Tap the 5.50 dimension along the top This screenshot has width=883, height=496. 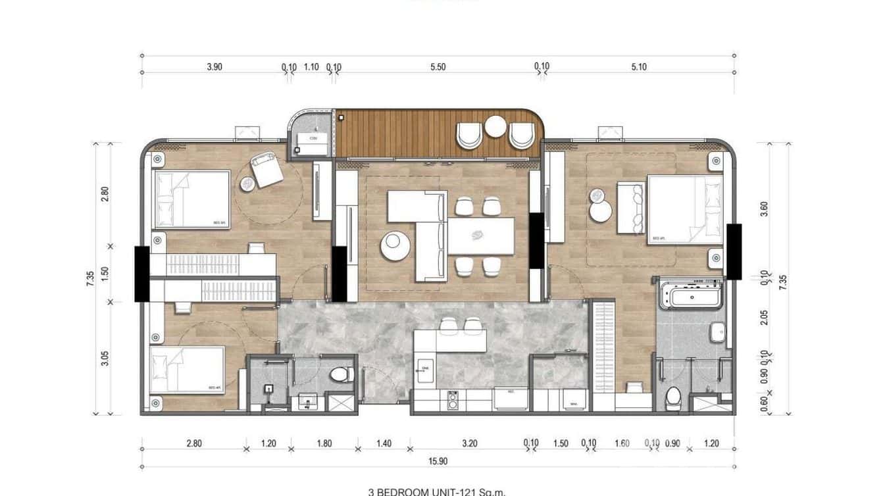[438, 66]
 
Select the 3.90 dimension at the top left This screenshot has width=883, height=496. [215, 66]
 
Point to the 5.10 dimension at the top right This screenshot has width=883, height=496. [638, 66]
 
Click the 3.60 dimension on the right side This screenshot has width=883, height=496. [764, 209]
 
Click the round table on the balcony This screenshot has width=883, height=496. [495, 126]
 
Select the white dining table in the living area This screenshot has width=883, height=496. [480, 236]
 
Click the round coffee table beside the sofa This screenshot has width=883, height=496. [393, 245]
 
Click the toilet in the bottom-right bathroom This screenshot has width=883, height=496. [673, 397]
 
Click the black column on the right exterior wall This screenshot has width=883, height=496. [734, 251]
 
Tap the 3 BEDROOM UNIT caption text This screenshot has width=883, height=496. [437, 491]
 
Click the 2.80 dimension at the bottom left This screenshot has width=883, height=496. [193, 443]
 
